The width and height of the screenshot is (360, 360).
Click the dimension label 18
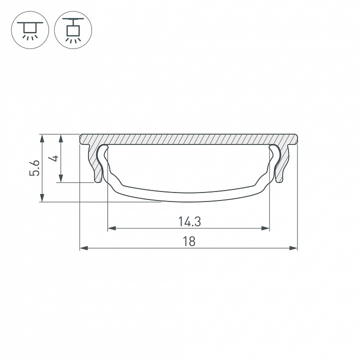[x=188, y=241]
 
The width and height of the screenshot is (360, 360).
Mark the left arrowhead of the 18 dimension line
[x=83, y=248]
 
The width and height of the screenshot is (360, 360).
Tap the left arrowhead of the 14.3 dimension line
[x=111, y=228]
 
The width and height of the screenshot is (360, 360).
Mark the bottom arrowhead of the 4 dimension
[x=61, y=178]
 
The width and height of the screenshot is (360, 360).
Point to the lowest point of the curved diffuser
[x=188, y=201]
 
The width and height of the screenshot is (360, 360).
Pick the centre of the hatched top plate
[x=188, y=139]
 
